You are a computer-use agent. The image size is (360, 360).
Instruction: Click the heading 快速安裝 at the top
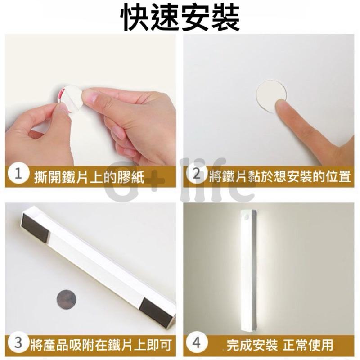click(180, 18)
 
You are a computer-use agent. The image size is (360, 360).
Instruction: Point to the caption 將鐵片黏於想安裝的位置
click(279, 176)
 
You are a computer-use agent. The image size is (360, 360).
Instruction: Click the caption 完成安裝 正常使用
click(279, 345)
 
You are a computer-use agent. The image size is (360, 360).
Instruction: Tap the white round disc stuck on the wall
click(270, 95)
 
